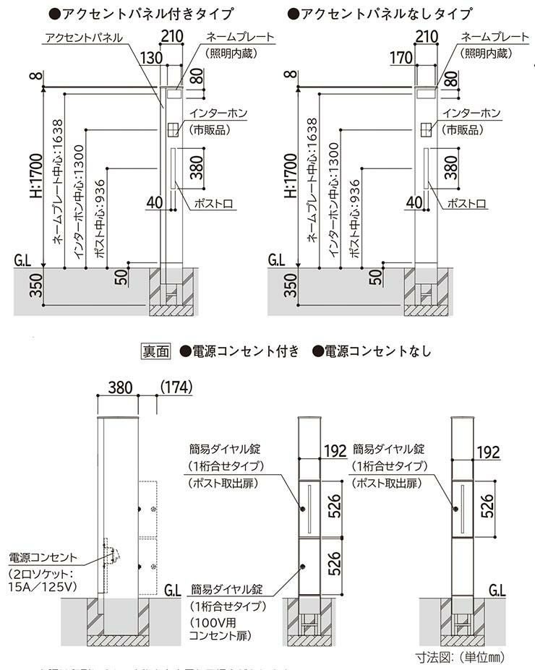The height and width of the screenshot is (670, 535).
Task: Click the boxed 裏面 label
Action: pyautogui.click(x=155, y=351)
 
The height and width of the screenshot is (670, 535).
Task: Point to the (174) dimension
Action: pyautogui.click(x=175, y=387)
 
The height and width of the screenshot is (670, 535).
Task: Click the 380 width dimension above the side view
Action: pyautogui.click(x=119, y=387)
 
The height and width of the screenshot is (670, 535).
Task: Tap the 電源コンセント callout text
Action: pyautogui.click(x=41, y=557)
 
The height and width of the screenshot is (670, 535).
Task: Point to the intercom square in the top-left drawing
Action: pyautogui.click(x=173, y=129)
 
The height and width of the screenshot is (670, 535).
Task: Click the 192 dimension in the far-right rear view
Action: pyautogui.click(x=489, y=452)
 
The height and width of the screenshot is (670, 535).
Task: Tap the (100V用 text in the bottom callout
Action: pyautogui.click(x=211, y=622)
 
